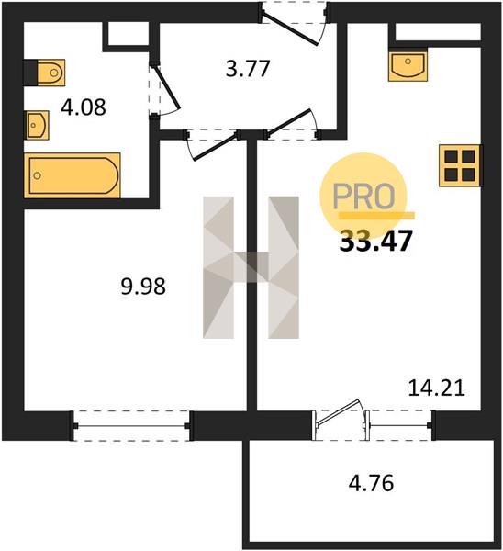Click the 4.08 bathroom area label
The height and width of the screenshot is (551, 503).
84,107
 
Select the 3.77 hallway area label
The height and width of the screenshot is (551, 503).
248,69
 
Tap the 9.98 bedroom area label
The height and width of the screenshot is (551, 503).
143,286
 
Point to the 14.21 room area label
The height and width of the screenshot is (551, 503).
437,388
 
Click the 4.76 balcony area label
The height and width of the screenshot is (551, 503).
371,483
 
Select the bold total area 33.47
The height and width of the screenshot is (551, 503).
375,242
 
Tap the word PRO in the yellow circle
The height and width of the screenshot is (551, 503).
363,197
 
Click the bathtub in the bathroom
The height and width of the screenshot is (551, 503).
73,175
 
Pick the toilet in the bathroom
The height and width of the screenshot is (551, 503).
45,73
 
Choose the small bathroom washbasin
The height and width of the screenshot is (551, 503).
37,125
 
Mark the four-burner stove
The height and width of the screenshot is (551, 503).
460,165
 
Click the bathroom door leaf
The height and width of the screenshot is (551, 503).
167,87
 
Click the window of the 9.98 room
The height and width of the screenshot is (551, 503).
131,426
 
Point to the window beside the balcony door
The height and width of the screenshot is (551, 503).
399,425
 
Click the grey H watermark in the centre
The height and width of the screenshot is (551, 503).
251,267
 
